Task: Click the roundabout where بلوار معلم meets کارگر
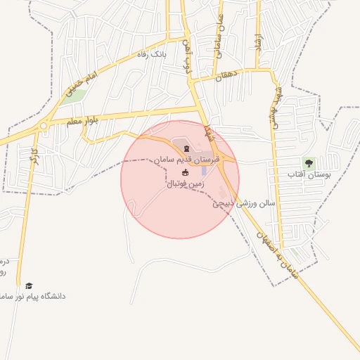[44, 127]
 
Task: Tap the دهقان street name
[228, 74]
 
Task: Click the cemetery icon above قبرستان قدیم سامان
[186, 148]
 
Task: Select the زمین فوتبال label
[186, 184]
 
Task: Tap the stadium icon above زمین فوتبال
[186, 173]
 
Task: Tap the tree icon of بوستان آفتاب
[309, 163]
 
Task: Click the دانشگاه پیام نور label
[38, 297]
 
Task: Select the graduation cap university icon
[29, 285]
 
